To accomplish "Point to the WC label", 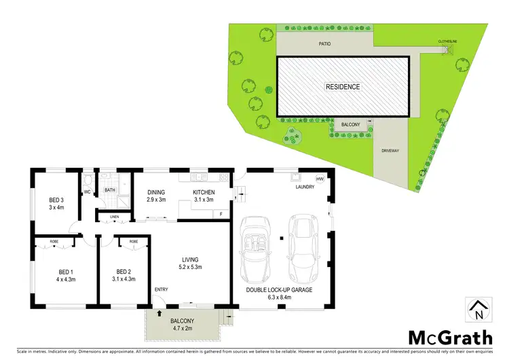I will coord(87,192).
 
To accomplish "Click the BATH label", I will coord(109,190).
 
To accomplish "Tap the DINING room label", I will coord(157,192).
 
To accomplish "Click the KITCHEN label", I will coord(204,192).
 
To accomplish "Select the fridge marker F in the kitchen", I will coord(220,215).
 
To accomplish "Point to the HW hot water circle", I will coord(320,179).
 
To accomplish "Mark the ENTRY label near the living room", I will coord(161,290).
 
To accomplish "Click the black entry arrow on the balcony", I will coord(159,313).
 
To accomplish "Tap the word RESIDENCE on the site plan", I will coord(342,87).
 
